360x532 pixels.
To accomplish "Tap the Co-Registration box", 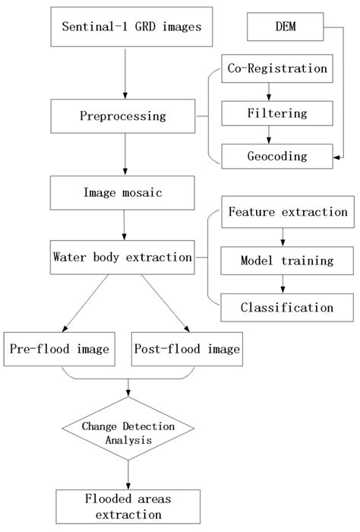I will pyautogui.click(x=276, y=68).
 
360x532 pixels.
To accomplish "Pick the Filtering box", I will pyautogui.click(x=276, y=112).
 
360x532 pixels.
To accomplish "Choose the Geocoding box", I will pyautogui.click(x=276, y=156).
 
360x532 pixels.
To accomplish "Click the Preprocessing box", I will pyautogui.click(x=122, y=116).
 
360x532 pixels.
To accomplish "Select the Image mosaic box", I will pyautogui.click(x=122, y=193).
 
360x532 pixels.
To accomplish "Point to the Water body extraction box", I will pyautogui.click(x=122, y=257).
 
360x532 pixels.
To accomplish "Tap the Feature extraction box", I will pyautogui.click(x=287, y=212).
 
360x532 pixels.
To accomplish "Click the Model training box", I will pyautogui.click(x=287, y=260).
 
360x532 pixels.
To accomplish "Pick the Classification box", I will pyautogui.click(x=287, y=307).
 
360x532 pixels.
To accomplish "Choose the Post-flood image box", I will pyautogui.click(x=187, y=350).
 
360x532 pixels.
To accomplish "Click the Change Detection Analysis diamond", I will pyautogui.click(x=128, y=432).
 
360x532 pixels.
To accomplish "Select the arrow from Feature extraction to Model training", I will pyautogui.click(x=282, y=236).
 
